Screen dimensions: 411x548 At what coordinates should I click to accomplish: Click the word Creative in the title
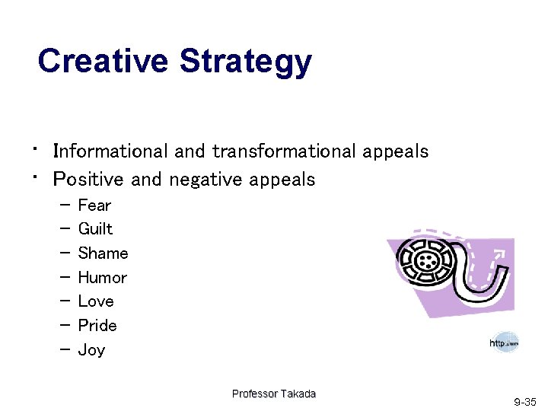(104, 61)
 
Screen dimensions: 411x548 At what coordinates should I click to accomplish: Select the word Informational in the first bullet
(112, 151)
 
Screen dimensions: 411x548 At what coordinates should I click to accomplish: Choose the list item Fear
(94, 205)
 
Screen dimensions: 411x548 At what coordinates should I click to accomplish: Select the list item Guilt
(95, 229)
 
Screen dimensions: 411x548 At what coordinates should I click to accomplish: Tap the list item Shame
(103, 253)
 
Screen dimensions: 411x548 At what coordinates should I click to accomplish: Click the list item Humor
(102, 278)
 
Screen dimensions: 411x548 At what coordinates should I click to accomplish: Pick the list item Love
(95, 301)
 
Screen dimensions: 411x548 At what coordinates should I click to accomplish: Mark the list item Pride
(97, 326)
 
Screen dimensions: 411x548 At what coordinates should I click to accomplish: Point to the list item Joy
(91, 350)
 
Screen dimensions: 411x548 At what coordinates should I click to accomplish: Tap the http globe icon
(505, 343)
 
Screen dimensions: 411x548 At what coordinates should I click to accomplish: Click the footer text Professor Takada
(273, 393)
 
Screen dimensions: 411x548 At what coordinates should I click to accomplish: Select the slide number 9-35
(524, 401)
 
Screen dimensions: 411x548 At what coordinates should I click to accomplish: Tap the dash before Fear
(62, 205)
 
